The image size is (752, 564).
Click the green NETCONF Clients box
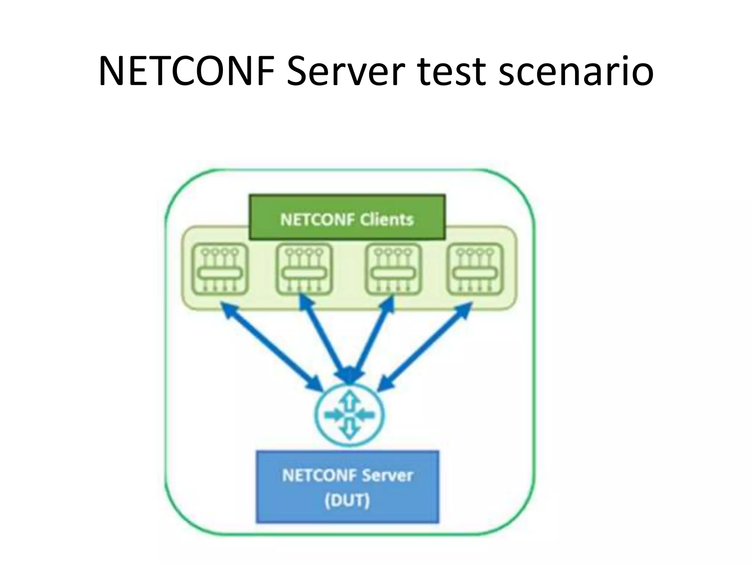tap(347, 217)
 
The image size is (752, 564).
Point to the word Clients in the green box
tap(386, 220)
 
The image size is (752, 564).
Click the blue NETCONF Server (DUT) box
tap(347, 487)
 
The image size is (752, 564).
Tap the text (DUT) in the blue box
tap(347, 500)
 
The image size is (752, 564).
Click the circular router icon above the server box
tap(350, 415)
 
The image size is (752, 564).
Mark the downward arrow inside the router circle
tap(350, 430)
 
